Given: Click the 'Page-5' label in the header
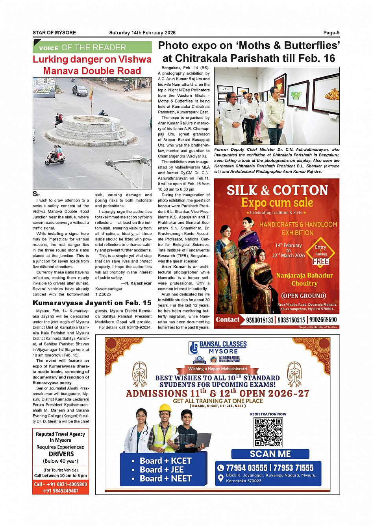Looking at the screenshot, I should [x=331, y=33].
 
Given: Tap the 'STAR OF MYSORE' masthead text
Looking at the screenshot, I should [x=54, y=33].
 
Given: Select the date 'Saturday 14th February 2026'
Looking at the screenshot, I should [x=142, y=33].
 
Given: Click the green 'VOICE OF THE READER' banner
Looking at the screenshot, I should [x=92, y=48].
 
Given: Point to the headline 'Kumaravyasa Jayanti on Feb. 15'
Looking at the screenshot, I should [x=92, y=303].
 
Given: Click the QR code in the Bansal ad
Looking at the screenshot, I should [x=268, y=432].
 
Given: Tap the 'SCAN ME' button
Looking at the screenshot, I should [x=270, y=454].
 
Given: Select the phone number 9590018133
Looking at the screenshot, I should [x=260, y=320].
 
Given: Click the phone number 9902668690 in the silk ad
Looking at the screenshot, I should [x=323, y=320].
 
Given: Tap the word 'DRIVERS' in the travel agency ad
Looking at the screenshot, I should [x=61, y=454].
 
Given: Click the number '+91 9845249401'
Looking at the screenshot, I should [x=61, y=491].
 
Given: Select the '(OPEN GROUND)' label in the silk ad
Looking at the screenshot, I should [x=304, y=296].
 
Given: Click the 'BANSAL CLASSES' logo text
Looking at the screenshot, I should [x=223, y=344].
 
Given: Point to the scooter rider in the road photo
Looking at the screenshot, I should [x=56, y=155].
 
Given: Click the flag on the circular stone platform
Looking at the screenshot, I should [x=91, y=94].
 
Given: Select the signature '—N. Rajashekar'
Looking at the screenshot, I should [x=136, y=283].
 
